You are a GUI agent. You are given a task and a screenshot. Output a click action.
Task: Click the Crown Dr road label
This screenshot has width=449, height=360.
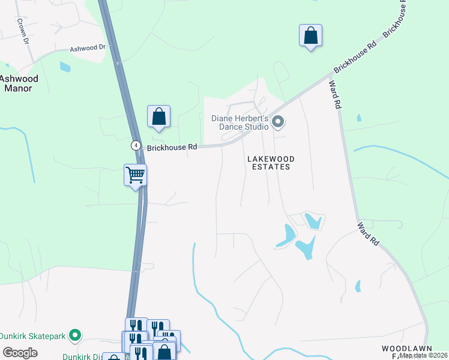(x=23, y=31)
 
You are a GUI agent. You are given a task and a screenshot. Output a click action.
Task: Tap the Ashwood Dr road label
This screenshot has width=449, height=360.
(x=88, y=48)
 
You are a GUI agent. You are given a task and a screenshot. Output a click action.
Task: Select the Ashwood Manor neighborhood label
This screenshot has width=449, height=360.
(x=19, y=83)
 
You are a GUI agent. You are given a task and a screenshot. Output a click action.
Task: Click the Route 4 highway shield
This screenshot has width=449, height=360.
(x=136, y=146)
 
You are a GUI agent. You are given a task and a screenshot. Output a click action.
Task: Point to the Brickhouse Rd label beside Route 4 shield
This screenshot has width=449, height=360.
(x=171, y=147)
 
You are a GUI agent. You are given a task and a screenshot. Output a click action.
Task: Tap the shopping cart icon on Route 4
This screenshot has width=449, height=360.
(x=136, y=175)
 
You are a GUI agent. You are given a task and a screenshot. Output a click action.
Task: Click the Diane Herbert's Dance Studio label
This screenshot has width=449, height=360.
(x=239, y=122)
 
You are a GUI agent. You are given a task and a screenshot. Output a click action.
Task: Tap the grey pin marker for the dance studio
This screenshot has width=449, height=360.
(x=277, y=122)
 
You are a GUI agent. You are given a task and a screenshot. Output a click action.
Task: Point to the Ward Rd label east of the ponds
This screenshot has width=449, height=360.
(x=369, y=234)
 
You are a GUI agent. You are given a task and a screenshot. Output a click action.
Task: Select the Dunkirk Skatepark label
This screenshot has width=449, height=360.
(x=33, y=335)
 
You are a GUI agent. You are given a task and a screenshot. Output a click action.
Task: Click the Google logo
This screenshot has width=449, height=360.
(x=20, y=353)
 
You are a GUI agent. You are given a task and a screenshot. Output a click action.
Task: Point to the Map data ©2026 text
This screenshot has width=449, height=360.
(x=424, y=355)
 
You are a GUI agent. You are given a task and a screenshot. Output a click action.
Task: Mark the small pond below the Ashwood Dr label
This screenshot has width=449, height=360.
(x=65, y=67)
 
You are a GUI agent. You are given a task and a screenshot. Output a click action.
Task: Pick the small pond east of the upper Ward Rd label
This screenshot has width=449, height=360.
(x=358, y=118)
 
